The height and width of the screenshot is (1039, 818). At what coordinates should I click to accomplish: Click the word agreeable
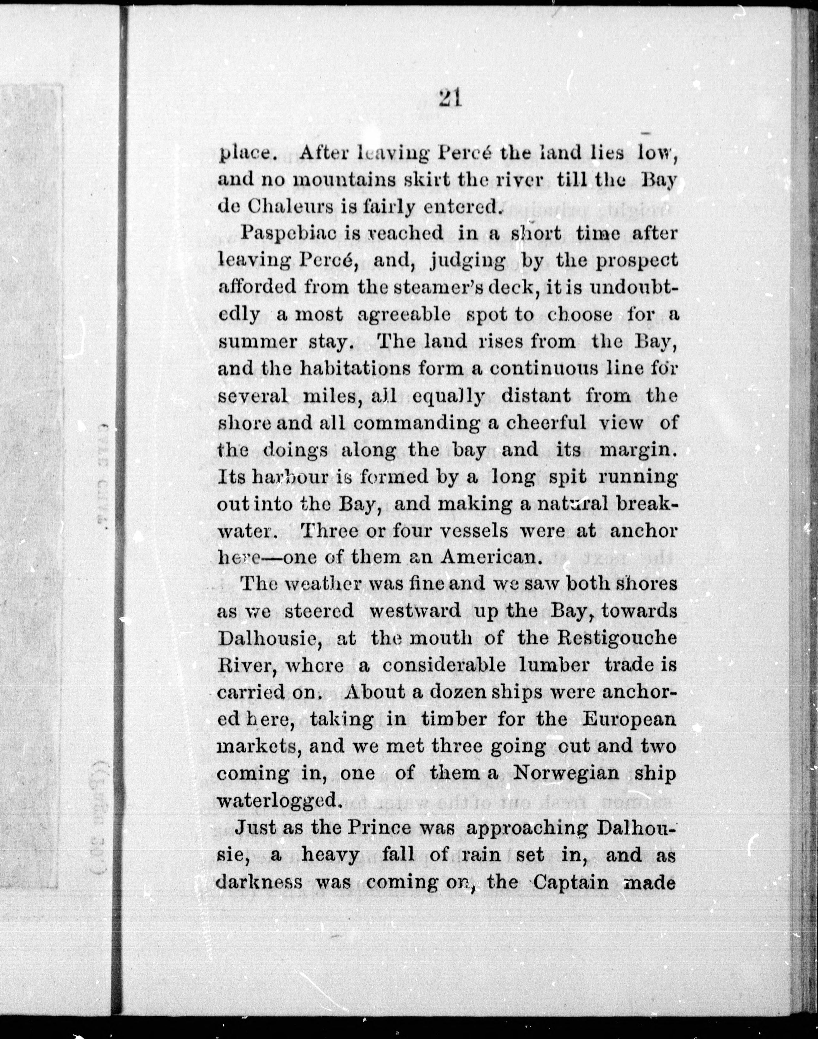click(x=404, y=314)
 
